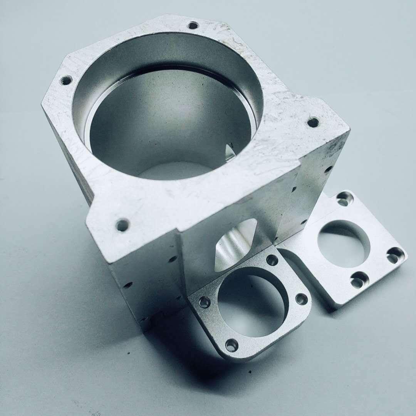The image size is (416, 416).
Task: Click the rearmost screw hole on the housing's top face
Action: pyautogui.click(x=193, y=26)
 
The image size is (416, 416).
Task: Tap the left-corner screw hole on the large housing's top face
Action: pyautogui.click(x=66, y=81)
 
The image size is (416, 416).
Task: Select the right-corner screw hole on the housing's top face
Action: pyautogui.click(x=313, y=122)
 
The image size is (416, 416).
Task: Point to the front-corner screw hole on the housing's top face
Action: pyautogui.click(x=122, y=225)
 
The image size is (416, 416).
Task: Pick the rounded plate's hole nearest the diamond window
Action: pyautogui.click(x=272, y=260)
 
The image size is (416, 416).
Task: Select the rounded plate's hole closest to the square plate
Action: pyautogui.click(x=302, y=299)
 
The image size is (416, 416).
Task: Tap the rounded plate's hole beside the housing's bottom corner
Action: pyautogui.click(x=204, y=302)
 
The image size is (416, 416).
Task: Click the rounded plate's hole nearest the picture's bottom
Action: pyautogui.click(x=231, y=345)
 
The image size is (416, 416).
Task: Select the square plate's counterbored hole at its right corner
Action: pyautogui.click(x=395, y=255)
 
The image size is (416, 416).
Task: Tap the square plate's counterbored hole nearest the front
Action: pyautogui.click(x=359, y=280)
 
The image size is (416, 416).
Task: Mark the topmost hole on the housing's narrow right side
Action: pyautogui.click(x=328, y=169)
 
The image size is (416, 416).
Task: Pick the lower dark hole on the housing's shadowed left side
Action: pyautogui.click(x=127, y=285)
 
